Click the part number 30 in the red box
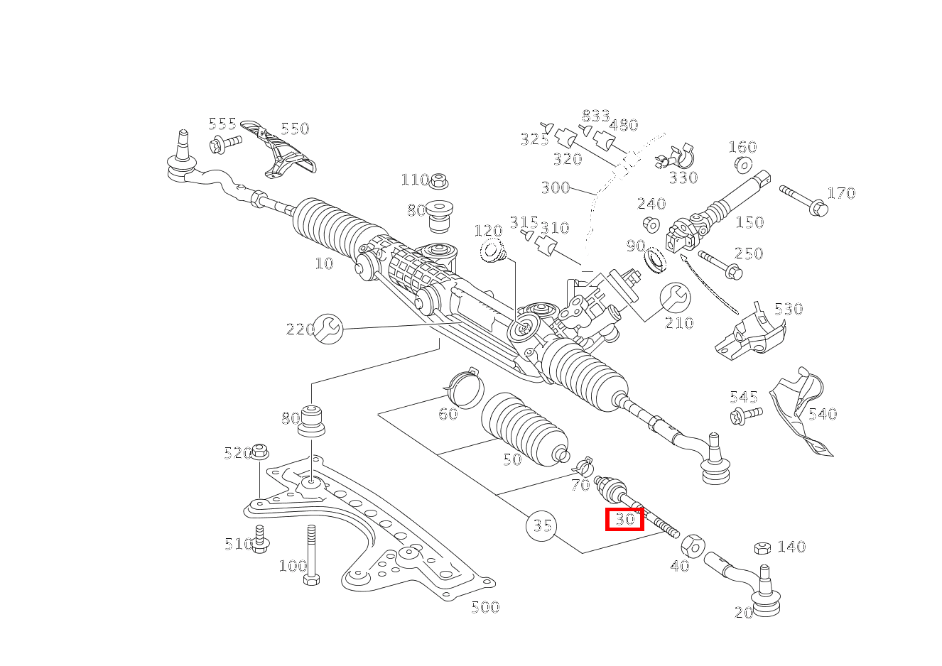624,519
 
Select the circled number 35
541,526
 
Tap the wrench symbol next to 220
328,328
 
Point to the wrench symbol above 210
675,297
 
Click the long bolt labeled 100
311,554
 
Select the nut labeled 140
762,547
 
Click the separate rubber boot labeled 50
524,430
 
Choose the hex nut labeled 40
693,545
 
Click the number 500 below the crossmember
485,607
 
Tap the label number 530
789,309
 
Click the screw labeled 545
745,415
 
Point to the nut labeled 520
260,451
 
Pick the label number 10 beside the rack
324,263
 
